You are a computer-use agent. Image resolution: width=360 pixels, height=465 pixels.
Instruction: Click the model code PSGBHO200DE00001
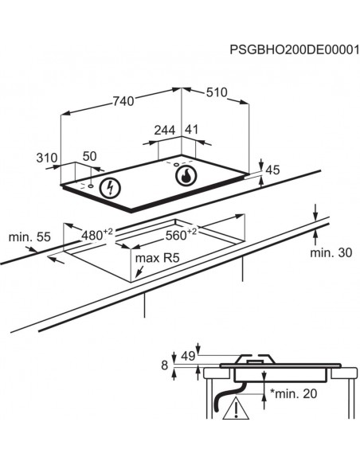295,49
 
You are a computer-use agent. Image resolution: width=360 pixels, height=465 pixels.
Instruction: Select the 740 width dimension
123,101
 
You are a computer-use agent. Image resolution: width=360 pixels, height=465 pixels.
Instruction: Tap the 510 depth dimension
217,92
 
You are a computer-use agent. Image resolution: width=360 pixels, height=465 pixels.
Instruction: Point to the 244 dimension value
165,130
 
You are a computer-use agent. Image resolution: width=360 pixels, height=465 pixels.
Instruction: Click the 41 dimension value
191,129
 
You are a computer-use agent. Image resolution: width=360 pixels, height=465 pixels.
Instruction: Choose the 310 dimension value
46,158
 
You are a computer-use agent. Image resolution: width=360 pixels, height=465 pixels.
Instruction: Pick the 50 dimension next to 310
89,156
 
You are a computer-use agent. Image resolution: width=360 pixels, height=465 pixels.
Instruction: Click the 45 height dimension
272,170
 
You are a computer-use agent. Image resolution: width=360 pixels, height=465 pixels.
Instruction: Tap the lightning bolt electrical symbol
111,188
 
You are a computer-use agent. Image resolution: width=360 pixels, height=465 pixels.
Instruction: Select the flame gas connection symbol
186,176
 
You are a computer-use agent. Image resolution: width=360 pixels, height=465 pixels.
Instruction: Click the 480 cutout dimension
97,235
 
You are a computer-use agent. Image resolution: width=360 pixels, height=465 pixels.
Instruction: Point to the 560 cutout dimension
181,235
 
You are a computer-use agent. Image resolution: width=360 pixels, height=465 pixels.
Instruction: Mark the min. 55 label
29,237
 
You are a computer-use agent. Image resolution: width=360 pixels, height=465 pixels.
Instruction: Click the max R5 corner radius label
157,258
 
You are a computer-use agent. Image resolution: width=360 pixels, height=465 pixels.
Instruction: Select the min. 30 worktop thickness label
331,252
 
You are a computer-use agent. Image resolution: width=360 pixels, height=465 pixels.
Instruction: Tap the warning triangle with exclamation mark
236,408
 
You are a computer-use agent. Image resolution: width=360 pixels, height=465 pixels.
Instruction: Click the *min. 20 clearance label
293,393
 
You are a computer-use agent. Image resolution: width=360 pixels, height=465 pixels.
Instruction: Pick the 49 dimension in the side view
188,356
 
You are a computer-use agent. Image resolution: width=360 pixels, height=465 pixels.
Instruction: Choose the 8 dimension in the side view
165,365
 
